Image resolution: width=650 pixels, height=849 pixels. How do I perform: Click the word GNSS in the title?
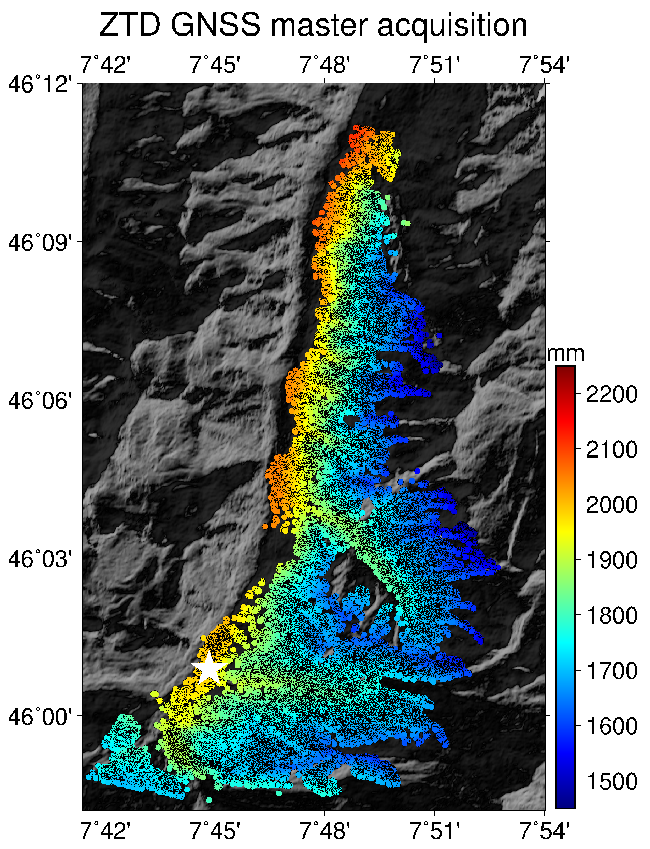[216, 26]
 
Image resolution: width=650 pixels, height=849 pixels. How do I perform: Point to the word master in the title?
[319, 26]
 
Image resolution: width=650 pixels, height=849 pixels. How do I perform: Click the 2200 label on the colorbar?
[611, 394]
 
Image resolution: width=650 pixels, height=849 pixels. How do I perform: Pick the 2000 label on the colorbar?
[611, 505]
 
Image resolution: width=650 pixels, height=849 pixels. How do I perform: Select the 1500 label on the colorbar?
[611, 781]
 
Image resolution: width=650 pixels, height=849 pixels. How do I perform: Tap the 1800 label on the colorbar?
[611, 615]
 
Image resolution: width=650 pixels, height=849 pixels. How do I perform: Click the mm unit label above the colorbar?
[565, 353]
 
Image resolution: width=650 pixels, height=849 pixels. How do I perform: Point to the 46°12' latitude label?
[40, 84]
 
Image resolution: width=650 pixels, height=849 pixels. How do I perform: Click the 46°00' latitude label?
[40, 716]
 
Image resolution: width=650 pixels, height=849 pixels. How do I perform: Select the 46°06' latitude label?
[40, 400]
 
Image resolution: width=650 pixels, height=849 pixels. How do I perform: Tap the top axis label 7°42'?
[105, 64]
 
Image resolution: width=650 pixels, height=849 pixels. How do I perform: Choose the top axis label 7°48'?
[325, 64]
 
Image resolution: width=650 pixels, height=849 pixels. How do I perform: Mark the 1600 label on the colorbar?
[611, 726]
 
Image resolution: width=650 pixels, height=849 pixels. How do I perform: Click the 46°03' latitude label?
[40, 559]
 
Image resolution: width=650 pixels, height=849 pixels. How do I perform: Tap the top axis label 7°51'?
[435, 64]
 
